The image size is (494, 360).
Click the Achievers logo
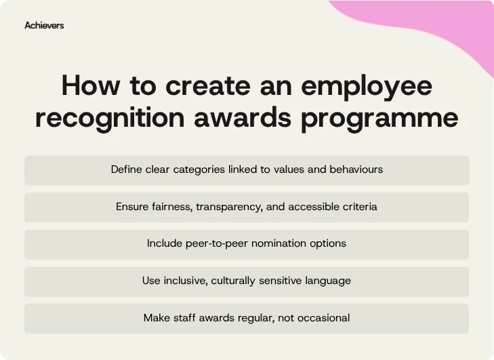(x=44, y=26)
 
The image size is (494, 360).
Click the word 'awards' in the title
(x=246, y=117)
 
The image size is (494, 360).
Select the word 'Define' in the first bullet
(x=127, y=169)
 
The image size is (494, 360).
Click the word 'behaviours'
(x=356, y=169)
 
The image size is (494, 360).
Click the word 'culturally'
(x=240, y=281)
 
